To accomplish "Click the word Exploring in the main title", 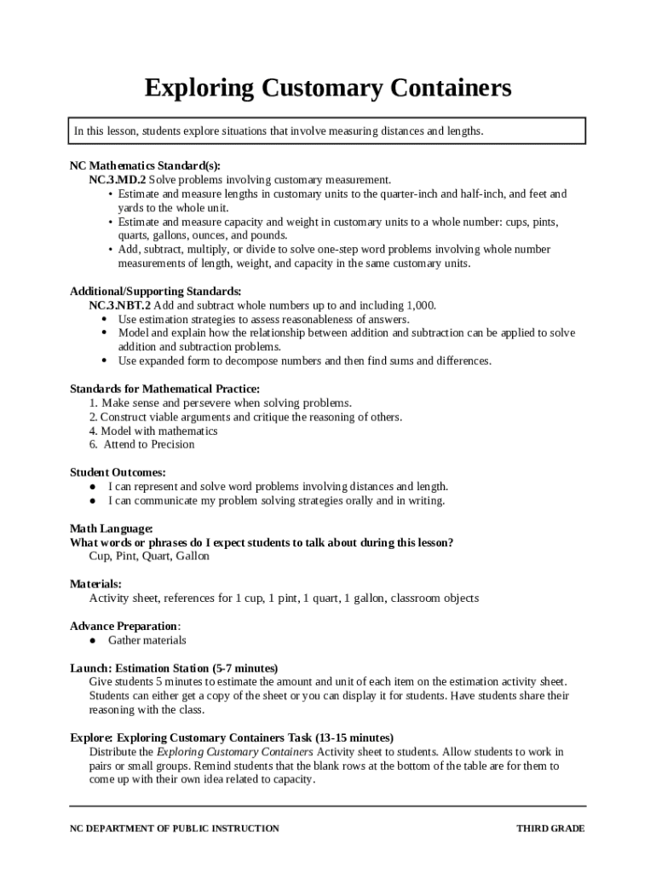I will pos(199,88).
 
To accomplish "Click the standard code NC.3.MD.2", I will pos(118,180).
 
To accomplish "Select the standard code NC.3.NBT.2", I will pos(120,305).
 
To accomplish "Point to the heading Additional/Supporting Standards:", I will pos(155,292).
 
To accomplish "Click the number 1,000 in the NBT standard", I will pos(421,305).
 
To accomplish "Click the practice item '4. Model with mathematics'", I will pos(153,431).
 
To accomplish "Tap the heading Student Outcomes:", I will pos(118,472).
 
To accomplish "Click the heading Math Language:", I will pos(112,529).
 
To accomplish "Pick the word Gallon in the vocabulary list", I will pos(193,556).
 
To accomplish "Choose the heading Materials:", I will pos(95,584).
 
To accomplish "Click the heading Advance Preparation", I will pos(124,626).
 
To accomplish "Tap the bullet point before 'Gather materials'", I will pos(92,640).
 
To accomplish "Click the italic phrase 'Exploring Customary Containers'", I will pos(235,752).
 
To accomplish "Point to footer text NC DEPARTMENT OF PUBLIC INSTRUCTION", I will pos(174,829).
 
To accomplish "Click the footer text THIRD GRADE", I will pos(550,829).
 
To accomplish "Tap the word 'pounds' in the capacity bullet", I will pos(266,235).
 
